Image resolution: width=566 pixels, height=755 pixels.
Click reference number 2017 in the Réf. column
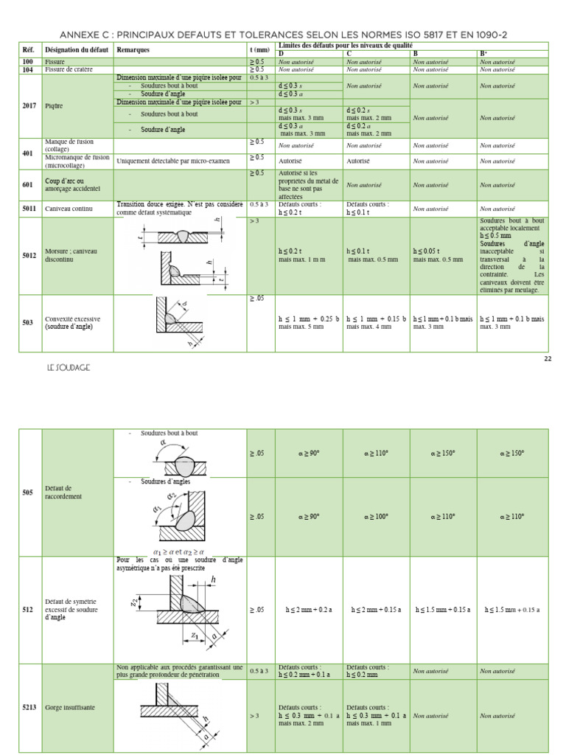[x=29, y=106]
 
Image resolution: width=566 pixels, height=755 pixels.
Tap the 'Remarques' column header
[x=133, y=50]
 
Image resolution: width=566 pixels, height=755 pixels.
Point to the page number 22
[x=547, y=358]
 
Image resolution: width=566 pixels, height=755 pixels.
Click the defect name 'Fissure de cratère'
[x=73, y=70]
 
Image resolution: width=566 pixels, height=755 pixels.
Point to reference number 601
[x=28, y=185]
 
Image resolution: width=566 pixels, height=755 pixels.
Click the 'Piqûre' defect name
[x=54, y=106]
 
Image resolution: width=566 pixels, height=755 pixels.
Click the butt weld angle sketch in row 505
[x=179, y=457]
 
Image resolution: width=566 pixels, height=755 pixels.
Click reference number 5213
[x=29, y=708]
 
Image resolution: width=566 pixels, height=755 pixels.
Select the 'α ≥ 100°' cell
[x=376, y=517]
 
